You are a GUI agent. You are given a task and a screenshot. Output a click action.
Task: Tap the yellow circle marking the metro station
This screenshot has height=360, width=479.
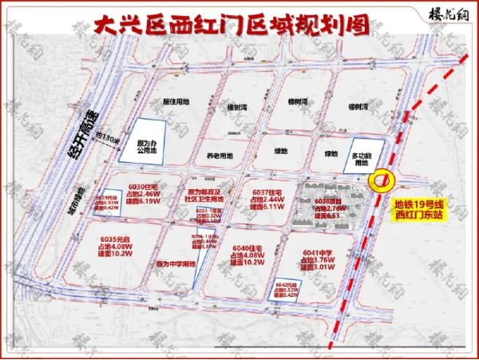pos(382,181)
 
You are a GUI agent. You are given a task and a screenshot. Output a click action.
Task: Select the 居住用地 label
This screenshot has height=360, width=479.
pos(176,102)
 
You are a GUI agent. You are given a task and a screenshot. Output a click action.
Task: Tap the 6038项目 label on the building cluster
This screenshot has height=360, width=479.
pos(328,208)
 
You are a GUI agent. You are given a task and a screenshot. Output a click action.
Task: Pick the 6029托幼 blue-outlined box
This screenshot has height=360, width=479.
pos(107,204)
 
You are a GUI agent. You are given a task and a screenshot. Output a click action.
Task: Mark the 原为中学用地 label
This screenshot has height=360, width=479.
pos(176,263)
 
